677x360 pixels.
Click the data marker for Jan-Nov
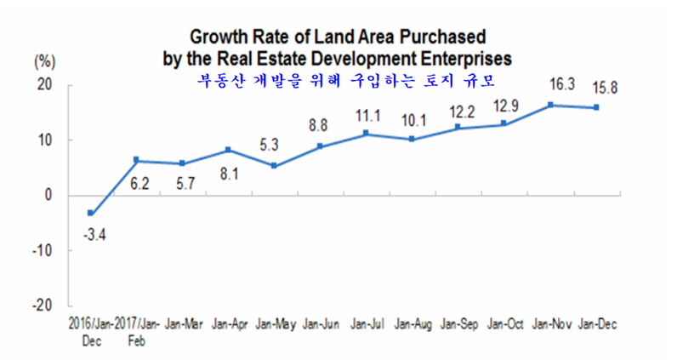tap(551, 105)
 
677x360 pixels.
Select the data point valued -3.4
tap(90, 214)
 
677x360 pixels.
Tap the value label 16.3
tap(550, 85)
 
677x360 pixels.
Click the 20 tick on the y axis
tap(43, 85)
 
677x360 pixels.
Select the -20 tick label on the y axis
tap(41, 305)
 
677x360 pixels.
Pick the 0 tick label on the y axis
tap(48, 195)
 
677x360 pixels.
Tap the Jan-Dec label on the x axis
tap(597, 324)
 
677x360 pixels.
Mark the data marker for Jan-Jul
tap(366, 134)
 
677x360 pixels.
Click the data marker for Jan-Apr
tap(228, 150)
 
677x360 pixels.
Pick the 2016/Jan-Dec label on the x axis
tap(92, 330)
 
